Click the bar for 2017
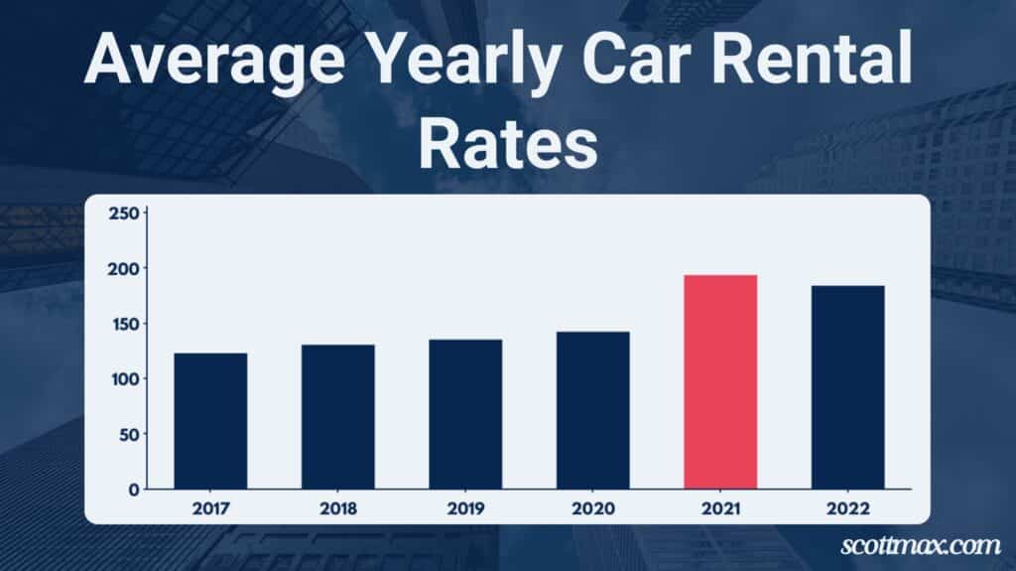(210, 421)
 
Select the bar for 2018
(338, 417)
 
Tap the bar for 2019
(465, 414)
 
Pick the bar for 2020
(592, 410)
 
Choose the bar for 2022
(847, 387)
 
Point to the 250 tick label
(123, 213)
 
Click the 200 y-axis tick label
(123, 268)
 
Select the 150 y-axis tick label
(123, 324)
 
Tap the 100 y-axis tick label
(123, 378)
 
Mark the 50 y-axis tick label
(127, 434)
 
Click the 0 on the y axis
(132, 490)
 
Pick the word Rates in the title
(507, 146)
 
